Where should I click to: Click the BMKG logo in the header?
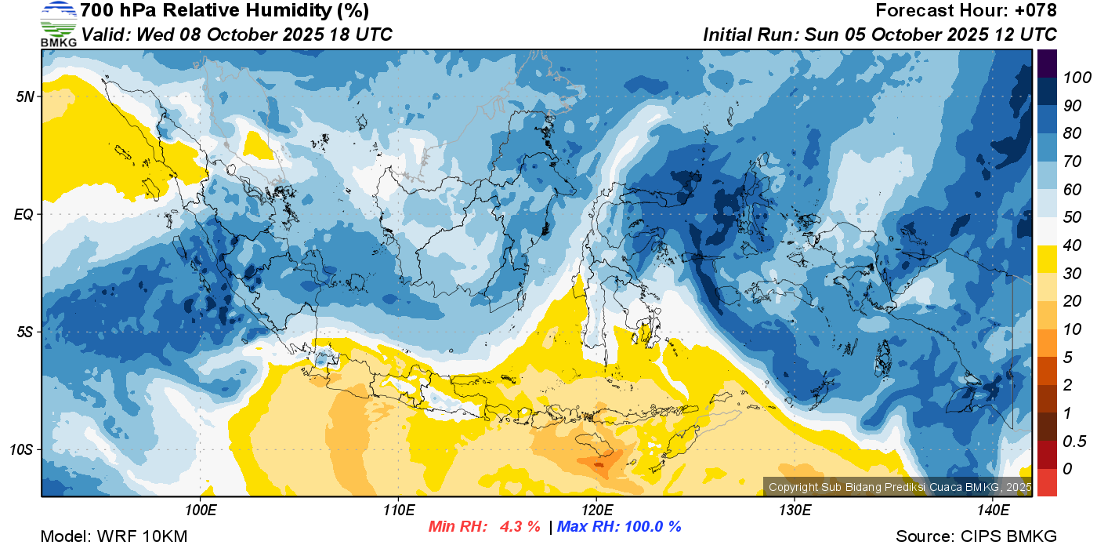tap(59, 24)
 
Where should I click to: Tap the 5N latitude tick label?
tap(25, 96)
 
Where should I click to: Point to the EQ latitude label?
tap(24, 214)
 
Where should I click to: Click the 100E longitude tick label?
tap(201, 511)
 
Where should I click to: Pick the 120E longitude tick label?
tap(597, 511)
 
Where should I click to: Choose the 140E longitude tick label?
tap(994, 511)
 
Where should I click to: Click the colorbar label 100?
tap(1077, 78)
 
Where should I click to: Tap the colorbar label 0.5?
tap(1074, 442)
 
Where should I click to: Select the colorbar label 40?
tap(1072, 245)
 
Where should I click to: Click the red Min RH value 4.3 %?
tap(520, 526)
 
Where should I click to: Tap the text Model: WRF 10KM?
tap(114, 536)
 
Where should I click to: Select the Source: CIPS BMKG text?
tap(976, 536)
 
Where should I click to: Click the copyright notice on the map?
tap(900, 487)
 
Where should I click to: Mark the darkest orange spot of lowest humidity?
tap(599, 463)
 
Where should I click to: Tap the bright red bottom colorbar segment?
tap(1047, 482)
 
